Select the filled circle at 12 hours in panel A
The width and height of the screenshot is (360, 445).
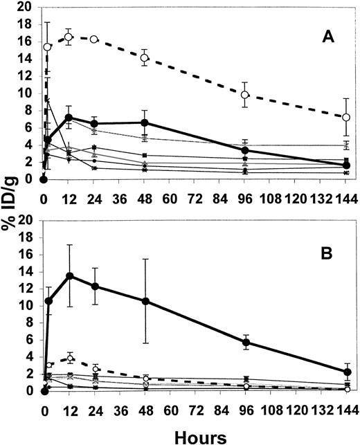[x=69, y=118]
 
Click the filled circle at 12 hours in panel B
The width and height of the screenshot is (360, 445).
[x=69, y=275]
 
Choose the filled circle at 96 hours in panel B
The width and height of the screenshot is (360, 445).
[x=245, y=342]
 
